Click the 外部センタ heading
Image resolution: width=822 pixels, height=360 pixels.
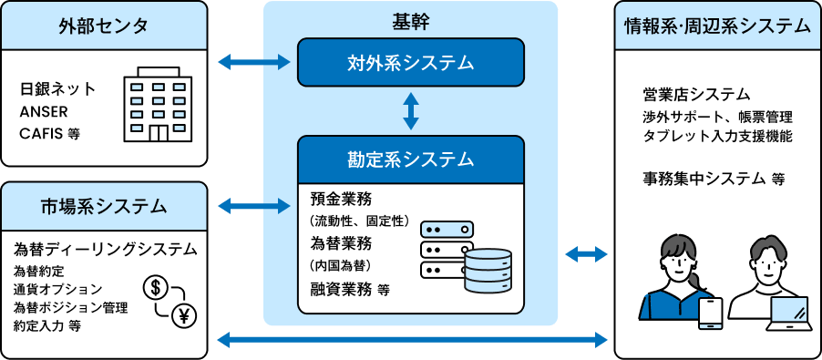[104, 26]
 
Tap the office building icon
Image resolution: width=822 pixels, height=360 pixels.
[157, 104]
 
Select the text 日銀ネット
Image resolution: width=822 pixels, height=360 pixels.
[57, 89]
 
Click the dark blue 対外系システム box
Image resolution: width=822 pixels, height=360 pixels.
[411, 62]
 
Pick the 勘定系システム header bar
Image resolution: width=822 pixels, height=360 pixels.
[411, 159]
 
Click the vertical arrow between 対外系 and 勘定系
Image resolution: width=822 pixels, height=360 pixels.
[411, 111]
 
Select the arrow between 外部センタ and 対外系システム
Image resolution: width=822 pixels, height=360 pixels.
[253, 62]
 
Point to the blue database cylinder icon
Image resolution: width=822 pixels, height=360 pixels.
[488, 270]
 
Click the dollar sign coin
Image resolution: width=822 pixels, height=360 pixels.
[155, 288]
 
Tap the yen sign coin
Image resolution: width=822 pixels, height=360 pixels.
[184, 314]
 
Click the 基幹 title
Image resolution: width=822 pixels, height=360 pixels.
[410, 20]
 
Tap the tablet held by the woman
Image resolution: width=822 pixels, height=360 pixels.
[710, 314]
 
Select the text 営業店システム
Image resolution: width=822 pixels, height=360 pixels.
[697, 95]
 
